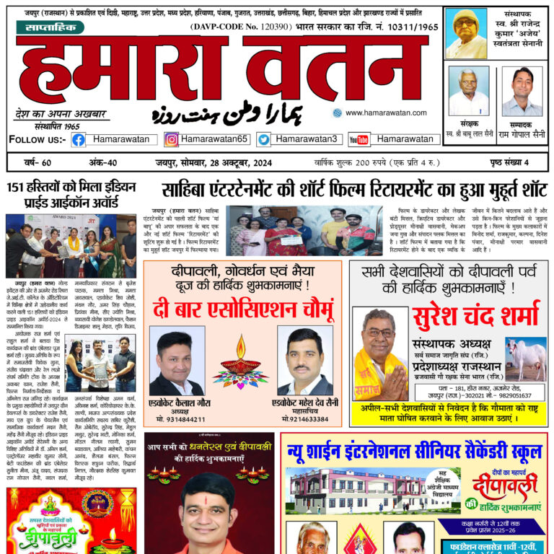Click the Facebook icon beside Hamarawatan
click(x=78, y=139)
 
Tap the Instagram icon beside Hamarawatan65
click(x=172, y=139)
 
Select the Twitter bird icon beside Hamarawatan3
click(x=264, y=139)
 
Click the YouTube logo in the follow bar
click(x=359, y=139)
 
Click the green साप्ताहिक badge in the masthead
click(x=49, y=27)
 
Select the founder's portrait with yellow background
click(x=466, y=33)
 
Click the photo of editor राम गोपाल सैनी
click(x=522, y=91)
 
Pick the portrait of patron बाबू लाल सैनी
click(x=468, y=91)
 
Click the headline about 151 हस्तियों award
click(x=71, y=195)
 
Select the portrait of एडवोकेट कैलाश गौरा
click(x=176, y=361)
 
